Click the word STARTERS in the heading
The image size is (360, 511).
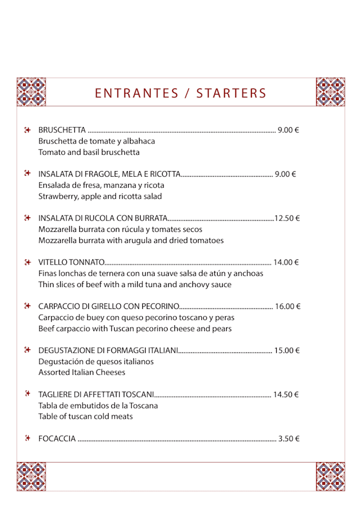click(231, 93)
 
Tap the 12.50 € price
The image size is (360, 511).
click(287, 218)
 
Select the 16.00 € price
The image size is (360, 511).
click(287, 306)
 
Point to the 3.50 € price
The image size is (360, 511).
click(289, 438)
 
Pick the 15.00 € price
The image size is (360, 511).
click(287, 350)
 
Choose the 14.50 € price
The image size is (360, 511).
click(286, 395)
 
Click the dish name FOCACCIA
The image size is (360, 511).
click(57, 438)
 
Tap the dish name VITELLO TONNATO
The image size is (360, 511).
click(71, 262)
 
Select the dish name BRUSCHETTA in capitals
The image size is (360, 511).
click(62, 130)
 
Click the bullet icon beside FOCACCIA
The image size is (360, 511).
click(27, 438)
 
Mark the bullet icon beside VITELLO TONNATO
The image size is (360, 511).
click(27, 262)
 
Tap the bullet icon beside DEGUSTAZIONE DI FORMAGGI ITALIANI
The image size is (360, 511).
click(27, 350)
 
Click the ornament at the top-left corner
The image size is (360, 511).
click(31, 92)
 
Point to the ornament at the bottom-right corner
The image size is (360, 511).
click(330, 477)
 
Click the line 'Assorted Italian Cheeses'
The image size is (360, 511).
click(82, 373)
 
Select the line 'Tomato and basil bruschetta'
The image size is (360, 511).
click(89, 153)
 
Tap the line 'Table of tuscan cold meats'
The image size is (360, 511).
click(85, 416)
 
